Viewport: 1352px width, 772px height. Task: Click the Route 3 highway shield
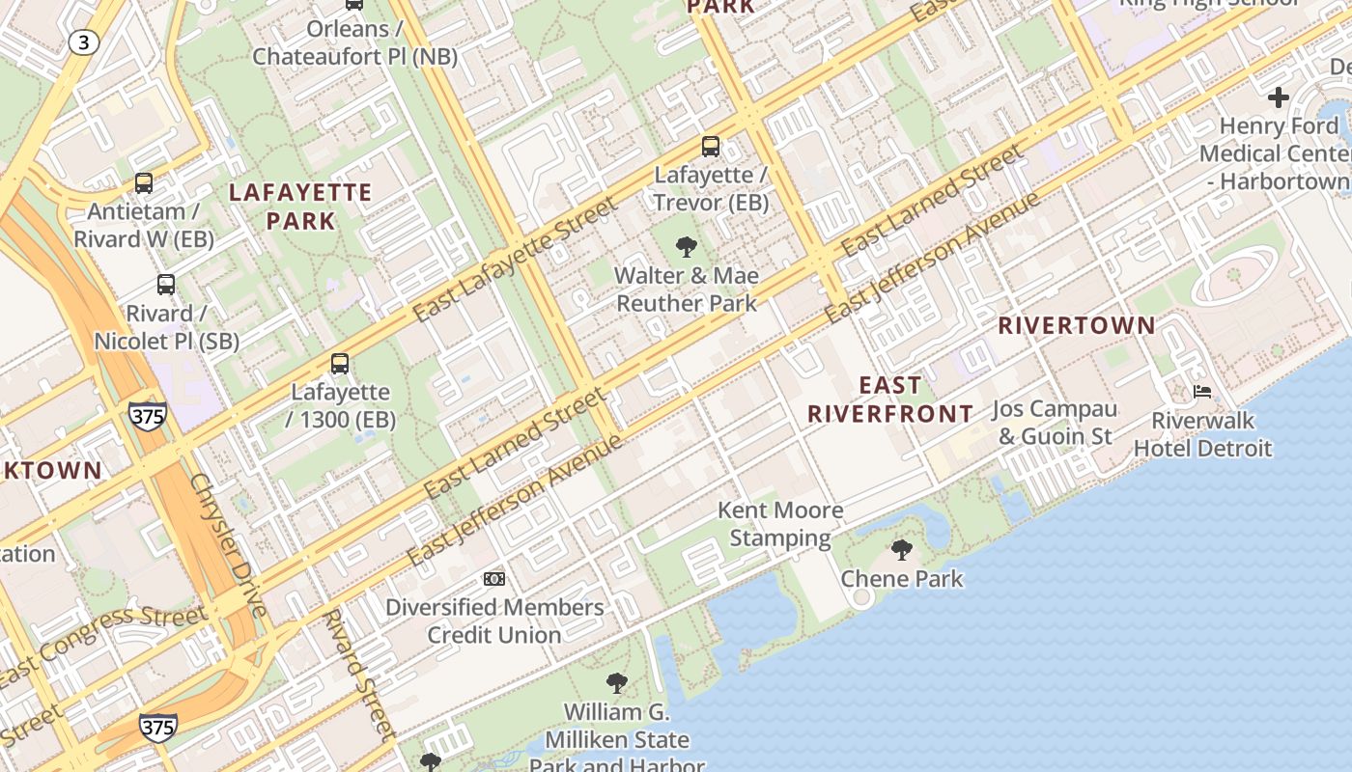[x=85, y=41]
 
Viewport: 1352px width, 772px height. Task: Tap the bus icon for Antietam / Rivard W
[x=144, y=182]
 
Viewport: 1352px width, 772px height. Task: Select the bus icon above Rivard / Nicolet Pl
[x=166, y=285]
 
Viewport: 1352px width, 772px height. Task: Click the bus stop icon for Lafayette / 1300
[x=340, y=364]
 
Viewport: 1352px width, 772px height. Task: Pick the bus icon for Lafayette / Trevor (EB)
[x=711, y=147]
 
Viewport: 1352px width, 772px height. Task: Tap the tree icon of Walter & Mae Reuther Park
[x=687, y=247]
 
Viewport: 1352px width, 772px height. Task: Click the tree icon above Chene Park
[x=902, y=550]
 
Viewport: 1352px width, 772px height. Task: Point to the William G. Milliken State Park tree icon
[x=617, y=684]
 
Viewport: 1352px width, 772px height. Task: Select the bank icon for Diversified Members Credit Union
[x=494, y=579]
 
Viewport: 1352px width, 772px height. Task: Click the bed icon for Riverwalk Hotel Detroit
[x=1202, y=392]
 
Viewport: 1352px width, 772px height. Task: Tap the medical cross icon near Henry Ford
[x=1279, y=97]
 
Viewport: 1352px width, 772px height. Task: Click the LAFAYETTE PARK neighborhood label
[x=300, y=207]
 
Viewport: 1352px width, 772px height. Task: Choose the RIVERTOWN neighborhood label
[x=1077, y=326]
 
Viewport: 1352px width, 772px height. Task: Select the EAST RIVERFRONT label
[x=890, y=400]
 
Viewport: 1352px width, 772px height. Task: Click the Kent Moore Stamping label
[x=780, y=524]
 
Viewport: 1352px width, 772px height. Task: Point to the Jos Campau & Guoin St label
[x=1055, y=423]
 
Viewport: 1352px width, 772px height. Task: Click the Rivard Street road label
[x=358, y=673]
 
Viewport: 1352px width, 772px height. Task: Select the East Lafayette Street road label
[x=514, y=260]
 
